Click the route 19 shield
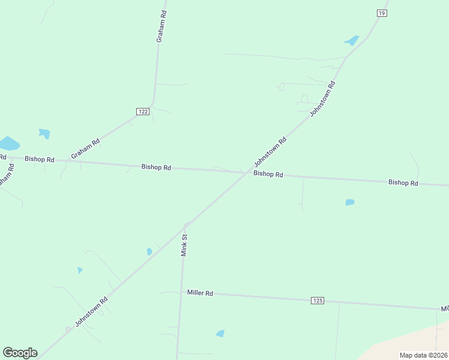point(382,13)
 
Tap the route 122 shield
point(142,112)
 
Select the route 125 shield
point(318,300)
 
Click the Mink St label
point(185,245)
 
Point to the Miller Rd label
point(200,293)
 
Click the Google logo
point(20,353)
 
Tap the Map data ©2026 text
point(423,355)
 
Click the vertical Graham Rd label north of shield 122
point(160,26)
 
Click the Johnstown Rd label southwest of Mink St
point(91,312)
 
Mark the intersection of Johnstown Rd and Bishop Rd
point(247,173)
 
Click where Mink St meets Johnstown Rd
point(187,226)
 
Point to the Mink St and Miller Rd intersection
point(181,293)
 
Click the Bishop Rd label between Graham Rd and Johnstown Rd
point(156,167)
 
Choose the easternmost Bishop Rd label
point(403,182)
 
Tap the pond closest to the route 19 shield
point(352,41)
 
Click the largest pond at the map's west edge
point(8,144)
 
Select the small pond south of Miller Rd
point(220,333)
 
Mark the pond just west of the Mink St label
point(149,252)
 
